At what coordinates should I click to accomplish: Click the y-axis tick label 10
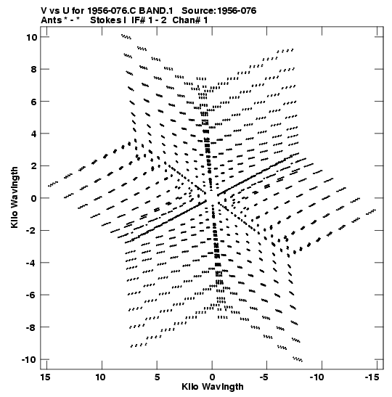(x=31, y=38)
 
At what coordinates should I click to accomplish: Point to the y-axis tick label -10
(x=29, y=360)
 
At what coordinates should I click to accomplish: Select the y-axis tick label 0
(x=34, y=199)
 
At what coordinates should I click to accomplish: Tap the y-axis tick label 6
(x=34, y=102)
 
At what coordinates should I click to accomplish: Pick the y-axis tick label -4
(x=31, y=263)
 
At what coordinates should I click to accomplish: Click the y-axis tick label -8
(x=31, y=327)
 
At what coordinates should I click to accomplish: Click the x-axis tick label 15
(x=45, y=377)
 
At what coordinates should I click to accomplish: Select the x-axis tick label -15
(x=372, y=377)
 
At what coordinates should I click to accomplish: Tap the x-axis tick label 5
(x=157, y=377)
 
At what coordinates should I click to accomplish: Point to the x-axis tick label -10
(x=317, y=377)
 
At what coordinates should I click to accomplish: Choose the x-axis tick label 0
(x=212, y=377)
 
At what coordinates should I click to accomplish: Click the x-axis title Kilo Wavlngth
(x=213, y=387)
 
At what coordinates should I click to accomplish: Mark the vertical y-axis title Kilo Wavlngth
(x=15, y=197)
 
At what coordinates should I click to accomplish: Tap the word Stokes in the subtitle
(x=107, y=20)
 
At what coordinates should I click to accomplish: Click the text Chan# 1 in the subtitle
(x=190, y=20)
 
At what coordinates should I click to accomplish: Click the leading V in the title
(x=44, y=11)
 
